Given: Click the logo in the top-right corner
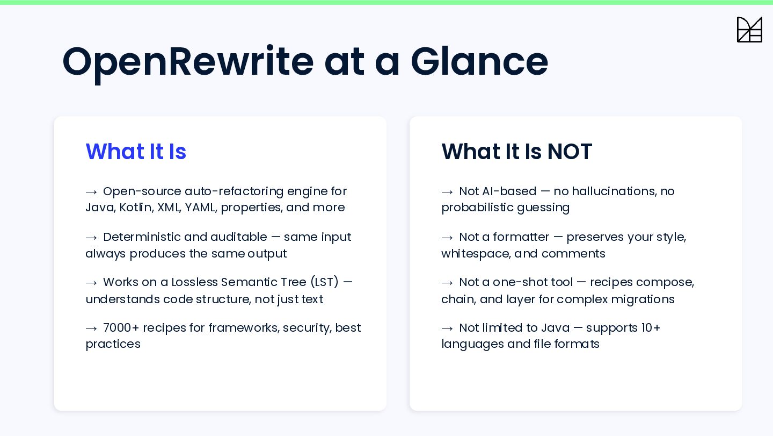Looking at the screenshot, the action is [x=749, y=30].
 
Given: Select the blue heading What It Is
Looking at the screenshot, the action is [x=136, y=151].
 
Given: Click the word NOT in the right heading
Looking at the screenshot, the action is [x=570, y=151].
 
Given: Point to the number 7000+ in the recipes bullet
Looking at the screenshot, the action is [x=121, y=327].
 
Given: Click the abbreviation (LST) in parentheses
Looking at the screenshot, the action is [x=324, y=282].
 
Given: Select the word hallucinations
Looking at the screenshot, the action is [x=615, y=191].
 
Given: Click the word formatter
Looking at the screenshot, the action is [x=521, y=237].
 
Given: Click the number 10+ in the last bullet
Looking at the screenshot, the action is [x=651, y=327].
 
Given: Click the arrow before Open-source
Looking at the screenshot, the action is [x=91, y=192].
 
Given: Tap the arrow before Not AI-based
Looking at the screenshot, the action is [x=447, y=192].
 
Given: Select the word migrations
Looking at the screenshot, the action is [x=643, y=299].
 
